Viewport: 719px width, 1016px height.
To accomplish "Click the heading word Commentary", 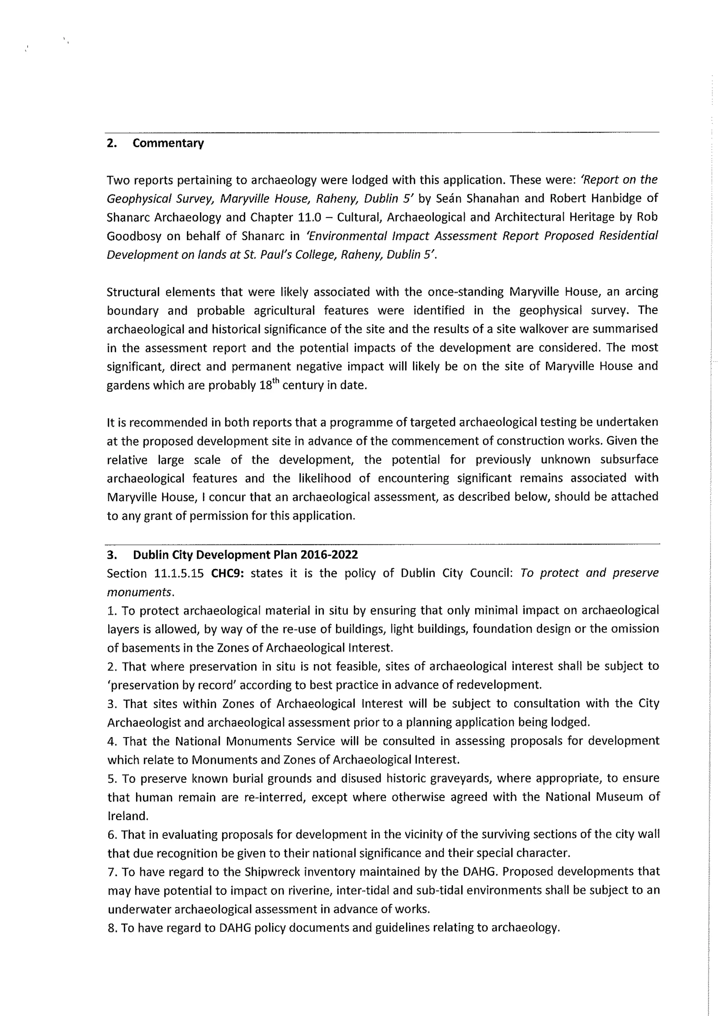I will [168, 143].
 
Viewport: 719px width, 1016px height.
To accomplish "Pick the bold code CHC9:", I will [227, 574].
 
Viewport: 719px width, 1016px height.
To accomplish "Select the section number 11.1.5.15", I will [178, 574].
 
